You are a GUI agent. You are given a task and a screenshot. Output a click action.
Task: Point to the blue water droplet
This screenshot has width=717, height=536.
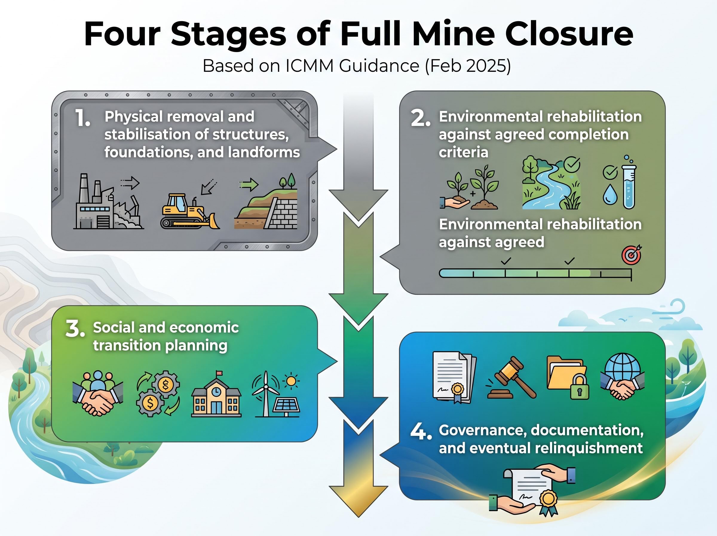[x=610, y=195]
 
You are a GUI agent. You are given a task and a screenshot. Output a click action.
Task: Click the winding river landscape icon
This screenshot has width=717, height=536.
[x=551, y=183]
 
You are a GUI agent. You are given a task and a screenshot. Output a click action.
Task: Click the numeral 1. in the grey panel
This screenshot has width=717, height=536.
[x=83, y=118]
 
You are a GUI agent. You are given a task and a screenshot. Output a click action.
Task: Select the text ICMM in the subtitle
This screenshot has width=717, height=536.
[x=310, y=66]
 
